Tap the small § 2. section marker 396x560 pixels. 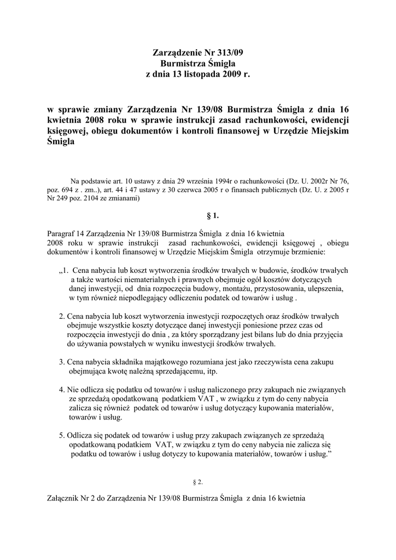click(197, 482)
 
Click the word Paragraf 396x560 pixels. click(62, 232)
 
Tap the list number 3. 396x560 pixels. click(61, 362)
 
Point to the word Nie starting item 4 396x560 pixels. click(73, 390)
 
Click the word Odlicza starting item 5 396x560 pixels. click(81, 436)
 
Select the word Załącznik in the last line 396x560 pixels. click(65, 498)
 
